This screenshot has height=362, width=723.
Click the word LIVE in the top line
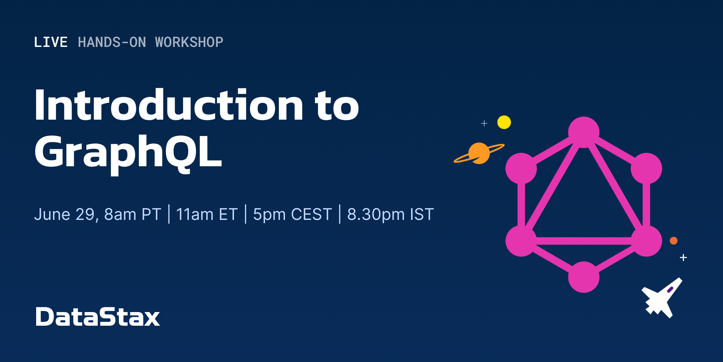pos(51,42)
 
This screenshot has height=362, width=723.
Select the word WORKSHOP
pos(189,42)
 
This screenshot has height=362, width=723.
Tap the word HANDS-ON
pos(112,42)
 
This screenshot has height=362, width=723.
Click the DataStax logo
pos(98,316)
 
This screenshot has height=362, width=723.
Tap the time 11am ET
pos(207,215)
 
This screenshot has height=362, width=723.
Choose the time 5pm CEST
pos(292,215)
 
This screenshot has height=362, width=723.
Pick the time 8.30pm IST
pos(390,215)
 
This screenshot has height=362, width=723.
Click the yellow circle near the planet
pos(504,122)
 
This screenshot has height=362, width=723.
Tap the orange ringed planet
pos(479,153)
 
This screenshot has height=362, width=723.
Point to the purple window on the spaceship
pos(670,290)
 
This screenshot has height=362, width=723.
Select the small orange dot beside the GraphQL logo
pos(674,241)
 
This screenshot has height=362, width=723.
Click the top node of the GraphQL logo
pos(584,132)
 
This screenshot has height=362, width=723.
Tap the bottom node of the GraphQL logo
pos(584,277)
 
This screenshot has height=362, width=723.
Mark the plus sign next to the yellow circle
pos(484,123)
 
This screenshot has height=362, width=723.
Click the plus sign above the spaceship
pos(684,257)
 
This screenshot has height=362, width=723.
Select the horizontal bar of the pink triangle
pos(584,241)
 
